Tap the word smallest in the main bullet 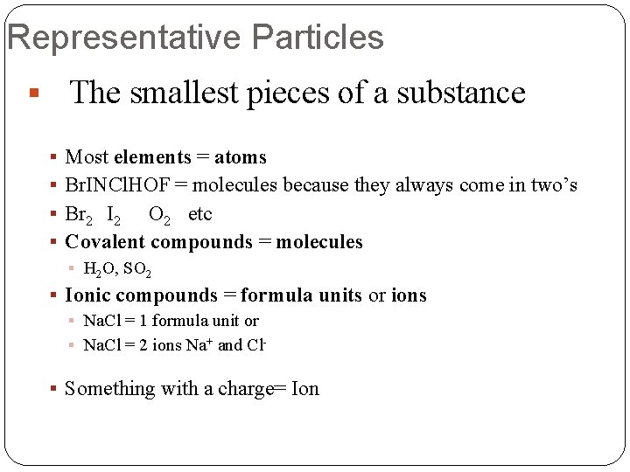pos(185,93)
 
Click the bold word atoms pos(241,157)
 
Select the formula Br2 pos(80,215)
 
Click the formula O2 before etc pos(160,215)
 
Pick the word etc pos(200,214)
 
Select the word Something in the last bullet pos(109,388)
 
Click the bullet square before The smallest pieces pos(32,93)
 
